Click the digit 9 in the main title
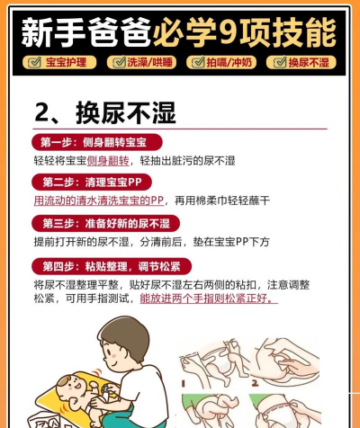[228, 32]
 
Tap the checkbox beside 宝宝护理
[34, 62]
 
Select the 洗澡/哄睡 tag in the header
[141, 62]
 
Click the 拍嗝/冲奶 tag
[221, 62]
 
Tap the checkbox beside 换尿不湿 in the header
[280, 62]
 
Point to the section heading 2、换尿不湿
[105, 112]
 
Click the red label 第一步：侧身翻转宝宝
[97, 142]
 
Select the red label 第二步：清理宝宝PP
[92, 182]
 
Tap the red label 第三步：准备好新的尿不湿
[105, 223]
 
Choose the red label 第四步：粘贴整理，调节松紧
[112, 266]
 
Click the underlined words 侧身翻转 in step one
[108, 161]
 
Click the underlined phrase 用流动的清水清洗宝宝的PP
[99, 201]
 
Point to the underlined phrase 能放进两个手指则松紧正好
[209, 299]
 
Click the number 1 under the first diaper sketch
[184, 383]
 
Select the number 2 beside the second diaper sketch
[255, 383]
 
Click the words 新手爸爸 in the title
[85, 32]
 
